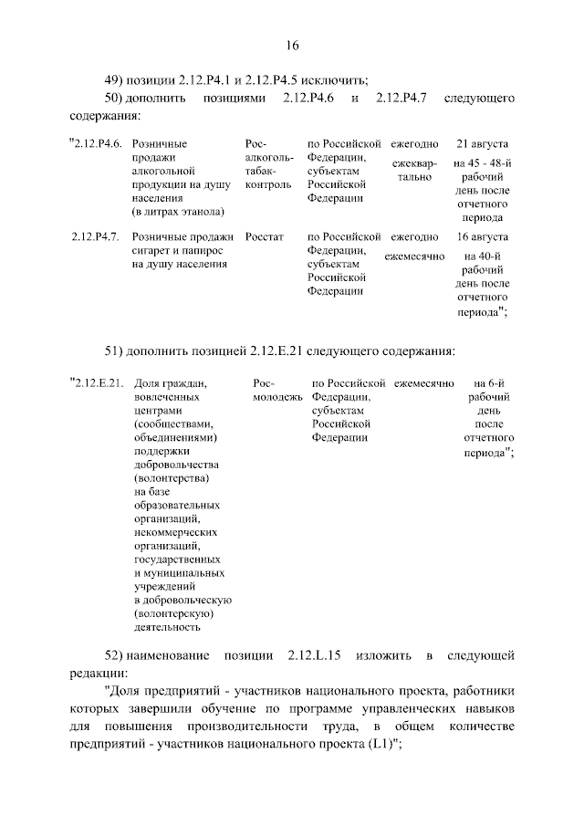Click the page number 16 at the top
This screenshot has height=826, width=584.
pyautogui.click(x=292, y=46)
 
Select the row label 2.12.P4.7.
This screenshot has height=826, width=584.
pyautogui.click(x=96, y=237)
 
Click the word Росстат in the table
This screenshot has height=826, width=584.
pyautogui.click(x=265, y=237)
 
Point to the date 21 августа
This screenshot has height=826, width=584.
pyautogui.click(x=483, y=144)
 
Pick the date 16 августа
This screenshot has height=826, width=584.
pyautogui.click(x=483, y=237)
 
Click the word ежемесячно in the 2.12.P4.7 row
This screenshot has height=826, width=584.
pyautogui.click(x=414, y=256)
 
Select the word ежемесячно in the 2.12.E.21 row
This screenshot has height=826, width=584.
pyautogui.click(x=423, y=383)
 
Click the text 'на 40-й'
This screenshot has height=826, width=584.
pyautogui.click(x=483, y=256)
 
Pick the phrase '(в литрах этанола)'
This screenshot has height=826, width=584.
pyautogui.click(x=178, y=212)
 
